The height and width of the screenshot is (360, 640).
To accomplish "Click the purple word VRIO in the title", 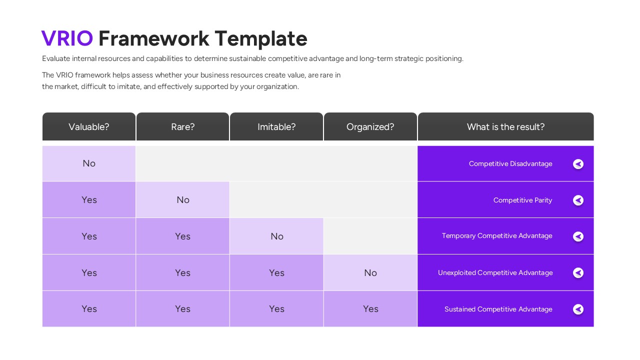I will coord(67,38).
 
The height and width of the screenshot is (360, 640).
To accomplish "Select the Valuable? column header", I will coord(89,127).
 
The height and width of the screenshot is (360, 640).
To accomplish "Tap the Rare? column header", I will coord(182,127).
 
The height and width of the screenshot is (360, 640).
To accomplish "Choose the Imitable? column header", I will coord(276,127).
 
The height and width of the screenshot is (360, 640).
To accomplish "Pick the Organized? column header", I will coord(370,127).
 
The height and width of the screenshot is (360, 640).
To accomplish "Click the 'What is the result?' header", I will coord(505,127).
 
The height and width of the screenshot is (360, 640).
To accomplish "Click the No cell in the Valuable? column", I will coord(89,163).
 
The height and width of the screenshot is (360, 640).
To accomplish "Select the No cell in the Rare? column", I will coord(182,200).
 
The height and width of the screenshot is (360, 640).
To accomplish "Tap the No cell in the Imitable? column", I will coord(276,236).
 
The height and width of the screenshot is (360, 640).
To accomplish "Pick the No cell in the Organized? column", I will coord(370,272).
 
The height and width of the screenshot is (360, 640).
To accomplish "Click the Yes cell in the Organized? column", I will coord(370,309).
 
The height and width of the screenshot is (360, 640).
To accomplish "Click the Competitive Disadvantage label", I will coord(510,164).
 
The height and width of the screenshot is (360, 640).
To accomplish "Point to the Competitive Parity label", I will coord(522,200).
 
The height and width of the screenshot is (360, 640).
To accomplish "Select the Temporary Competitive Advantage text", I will coord(497,236).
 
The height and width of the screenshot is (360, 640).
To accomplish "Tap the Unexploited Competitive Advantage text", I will coord(495,272).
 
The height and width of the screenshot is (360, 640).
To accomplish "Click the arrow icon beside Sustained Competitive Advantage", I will coord(578,309).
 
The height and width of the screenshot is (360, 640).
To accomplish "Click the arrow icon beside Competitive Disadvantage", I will coord(578,164).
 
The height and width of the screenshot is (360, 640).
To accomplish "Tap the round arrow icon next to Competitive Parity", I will coord(578,200).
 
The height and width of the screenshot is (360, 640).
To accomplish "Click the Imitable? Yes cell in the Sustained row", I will coord(276,309).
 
